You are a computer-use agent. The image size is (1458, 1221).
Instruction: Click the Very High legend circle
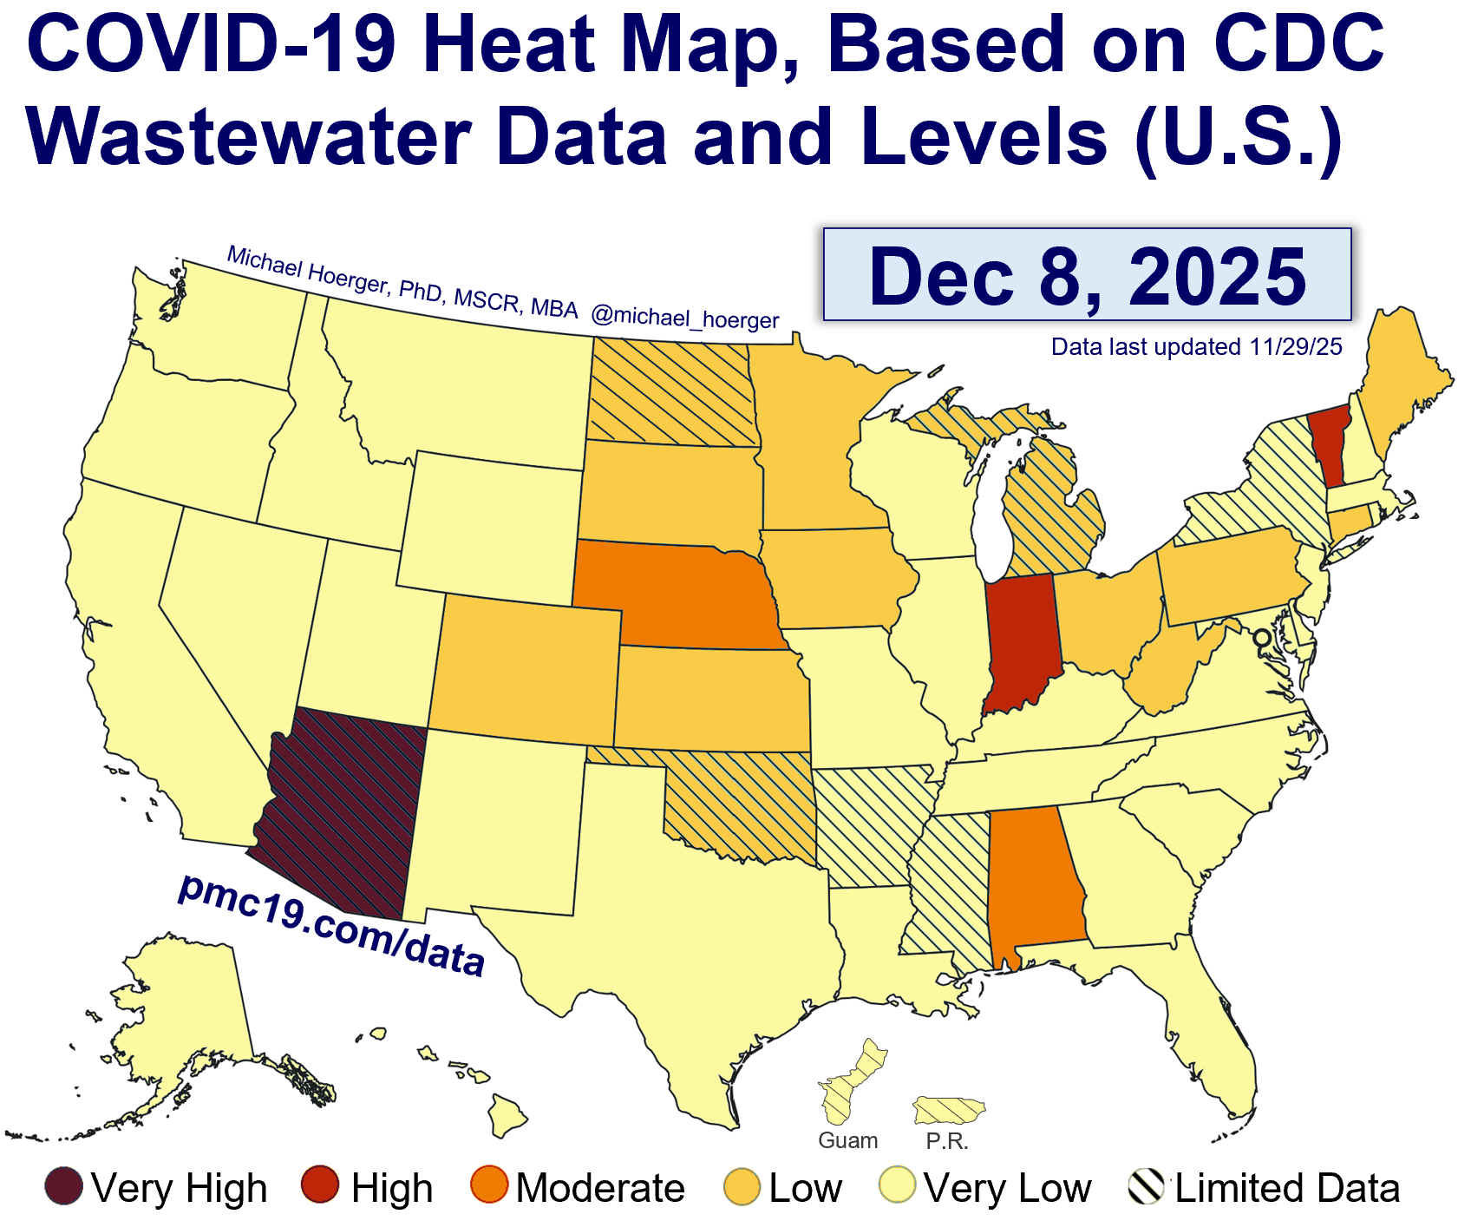click(x=64, y=1186)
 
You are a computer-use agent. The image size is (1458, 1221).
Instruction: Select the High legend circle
click(x=320, y=1186)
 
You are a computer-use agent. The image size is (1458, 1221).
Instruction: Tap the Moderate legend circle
click(x=488, y=1186)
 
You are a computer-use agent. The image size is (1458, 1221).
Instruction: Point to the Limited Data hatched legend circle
click(x=1146, y=1186)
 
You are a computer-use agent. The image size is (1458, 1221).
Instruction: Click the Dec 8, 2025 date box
click(x=1087, y=275)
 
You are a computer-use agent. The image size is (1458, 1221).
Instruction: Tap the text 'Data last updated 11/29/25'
click(x=1196, y=347)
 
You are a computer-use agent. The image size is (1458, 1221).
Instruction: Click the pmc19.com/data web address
click(x=330, y=925)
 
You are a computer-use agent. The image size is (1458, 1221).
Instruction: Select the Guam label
click(x=847, y=1140)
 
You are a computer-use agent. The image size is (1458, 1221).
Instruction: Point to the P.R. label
click(x=946, y=1141)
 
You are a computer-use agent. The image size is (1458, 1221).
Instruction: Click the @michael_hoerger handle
click(x=684, y=318)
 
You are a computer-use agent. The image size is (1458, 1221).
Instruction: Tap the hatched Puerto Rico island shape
click(x=951, y=1109)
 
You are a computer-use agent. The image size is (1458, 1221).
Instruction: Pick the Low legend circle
click(x=742, y=1186)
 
